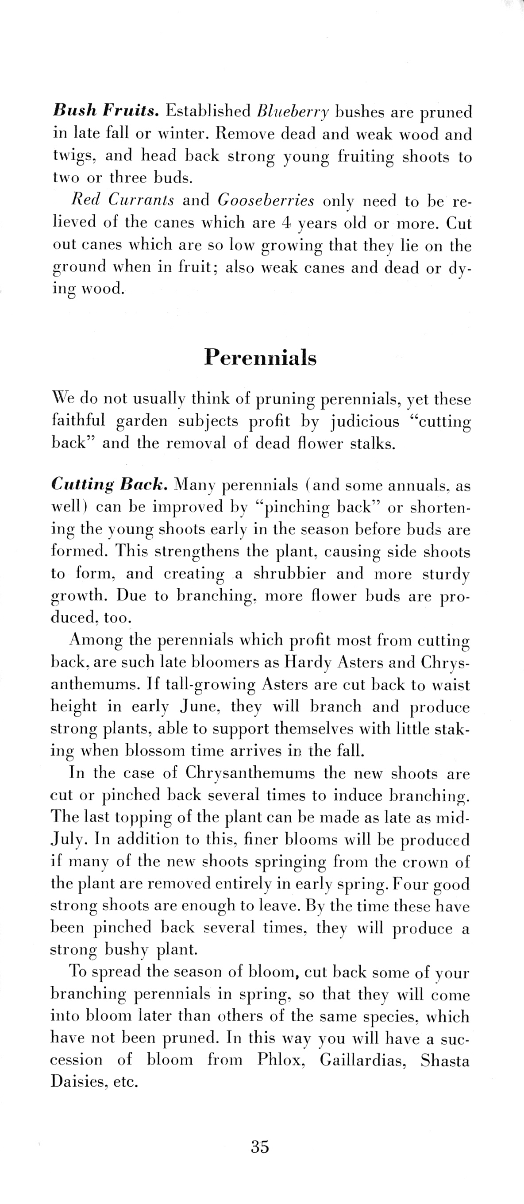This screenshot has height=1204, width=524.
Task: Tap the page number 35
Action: pyautogui.click(x=260, y=1147)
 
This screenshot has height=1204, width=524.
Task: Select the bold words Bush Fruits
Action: pyautogui.click(x=106, y=111)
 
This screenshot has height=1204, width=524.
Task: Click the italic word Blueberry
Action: pyautogui.click(x=293, y=112)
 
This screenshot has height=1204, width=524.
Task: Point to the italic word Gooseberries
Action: pyautogui.click(x=266, y=201)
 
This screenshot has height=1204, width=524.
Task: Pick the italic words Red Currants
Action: pyautogui.click(x=123, y=200)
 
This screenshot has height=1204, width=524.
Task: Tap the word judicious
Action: pyautogui.click(x=365, y=421)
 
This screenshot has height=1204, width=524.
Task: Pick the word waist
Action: pyautogui.click(x=451, y=685)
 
